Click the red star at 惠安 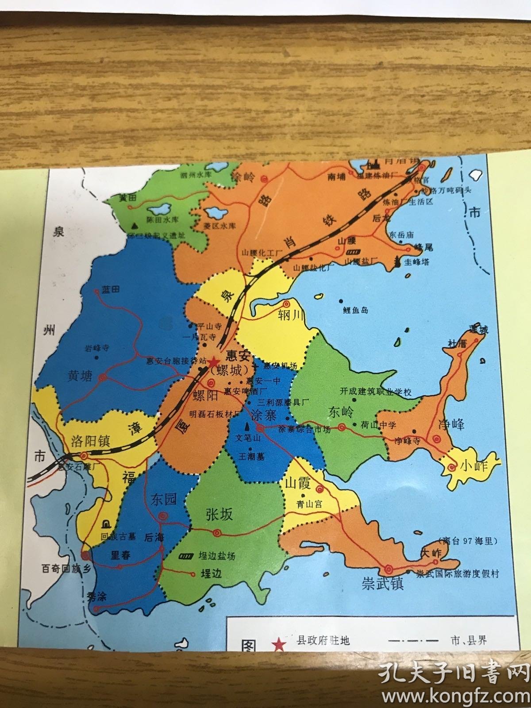213,362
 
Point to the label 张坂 219,514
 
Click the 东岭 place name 341,412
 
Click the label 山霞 297,482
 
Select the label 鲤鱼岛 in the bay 355,310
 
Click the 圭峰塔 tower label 417,262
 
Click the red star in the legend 279,644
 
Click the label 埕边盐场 216,556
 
